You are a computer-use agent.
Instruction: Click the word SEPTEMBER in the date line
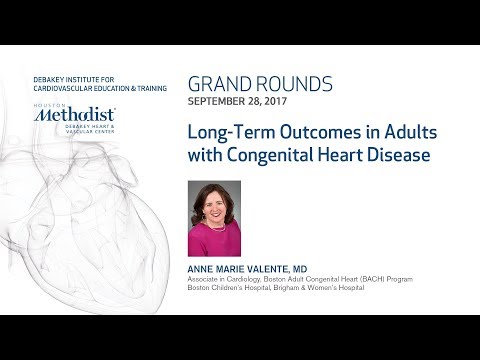[215, 103]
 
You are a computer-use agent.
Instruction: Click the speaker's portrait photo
[214, 218]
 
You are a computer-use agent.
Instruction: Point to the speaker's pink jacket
[214, 244]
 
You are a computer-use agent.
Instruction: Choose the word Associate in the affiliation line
[206, 279]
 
